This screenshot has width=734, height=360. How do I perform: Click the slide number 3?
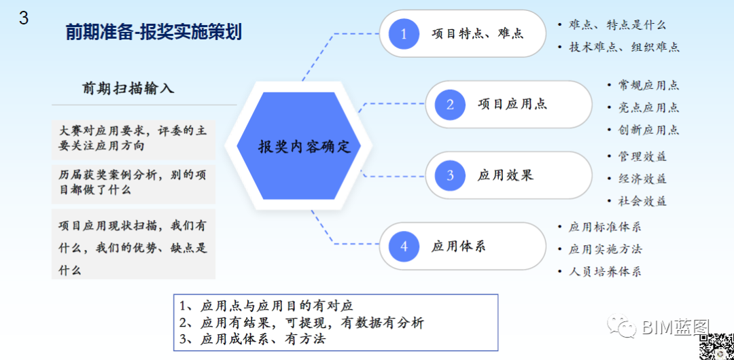pyautogui.click(x=24, y=18)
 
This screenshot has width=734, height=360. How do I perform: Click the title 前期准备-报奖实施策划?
pyautogui.click(x=154, y=32)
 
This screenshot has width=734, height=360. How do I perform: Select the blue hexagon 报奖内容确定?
pyautogui.click(x=304, y=146)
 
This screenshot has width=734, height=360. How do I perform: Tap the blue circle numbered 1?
pyautogui.click(x=404, y=33)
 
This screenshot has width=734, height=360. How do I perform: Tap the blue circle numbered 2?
pyautogui.click(x=450, y=104)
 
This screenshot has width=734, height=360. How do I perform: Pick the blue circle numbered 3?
pyautogui.click(x=450, y=175)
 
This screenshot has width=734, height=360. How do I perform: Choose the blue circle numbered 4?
pyautogui.click(x=404, y=246)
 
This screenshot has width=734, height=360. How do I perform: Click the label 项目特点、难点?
pyautogui.click(x=477, y=33)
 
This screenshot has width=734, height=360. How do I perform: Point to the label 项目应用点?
pyautogui.click(x=512, y=104)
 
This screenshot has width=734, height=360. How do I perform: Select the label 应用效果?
pyautogui.click(x=505, y=175)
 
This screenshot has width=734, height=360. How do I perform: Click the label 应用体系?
pyautogui.click(x=459, y=247)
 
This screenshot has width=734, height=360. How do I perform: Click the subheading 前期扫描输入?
pyautogui.click(x=128, y=88)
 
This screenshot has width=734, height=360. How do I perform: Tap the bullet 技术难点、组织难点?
pyautogui.click(x=624, y=47)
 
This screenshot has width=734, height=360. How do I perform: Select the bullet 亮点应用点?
pyautogui.click(x=648, y=107)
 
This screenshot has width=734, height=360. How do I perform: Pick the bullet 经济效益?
pyautogui.click(x=642, y=179)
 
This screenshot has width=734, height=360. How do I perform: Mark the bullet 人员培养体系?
pyautogui.click(x=605, y=271)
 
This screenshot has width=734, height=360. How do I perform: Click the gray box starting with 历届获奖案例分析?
pyautogui.click(x=133, y=183)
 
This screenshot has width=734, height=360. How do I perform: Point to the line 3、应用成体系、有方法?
pyautogui.click(x=252, y=338)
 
